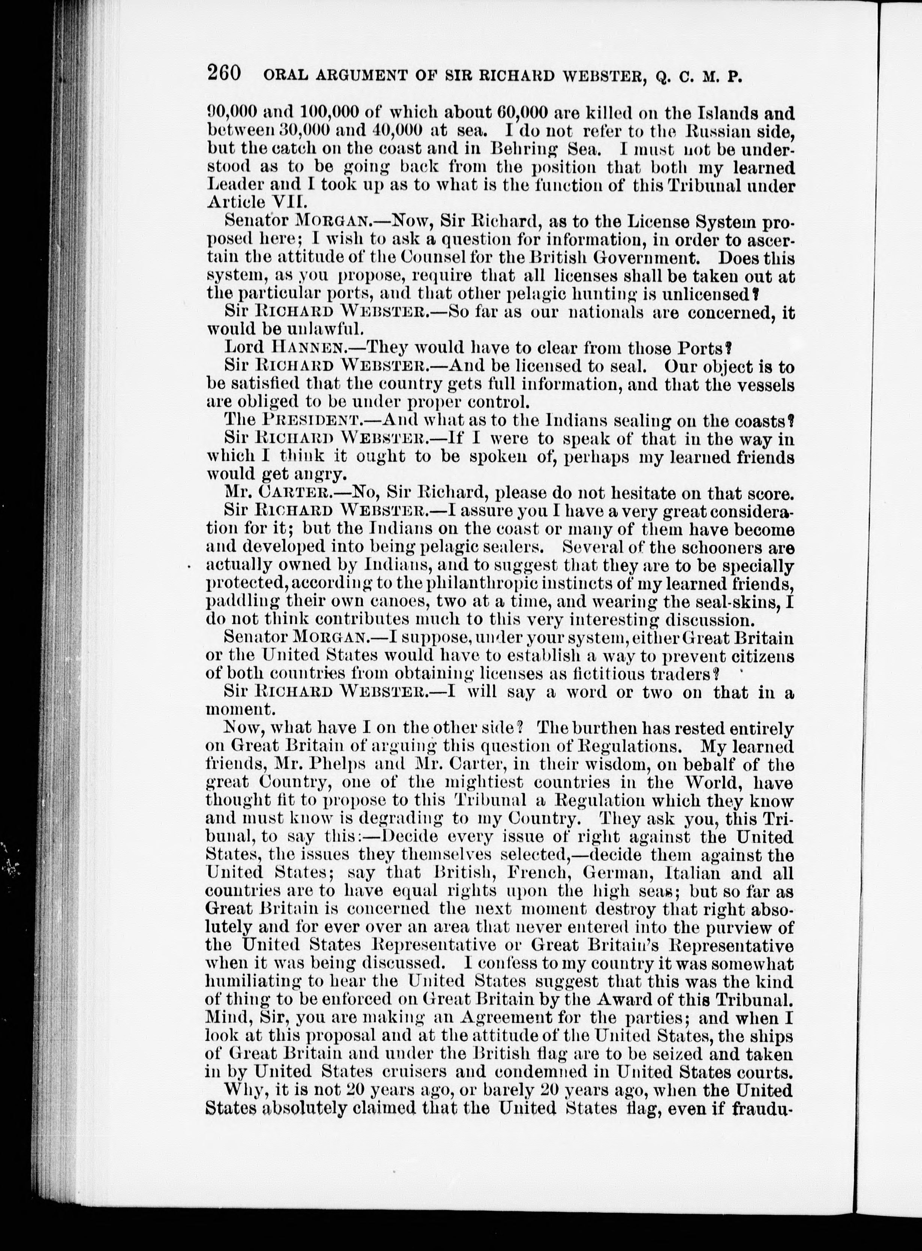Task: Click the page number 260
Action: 224,73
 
